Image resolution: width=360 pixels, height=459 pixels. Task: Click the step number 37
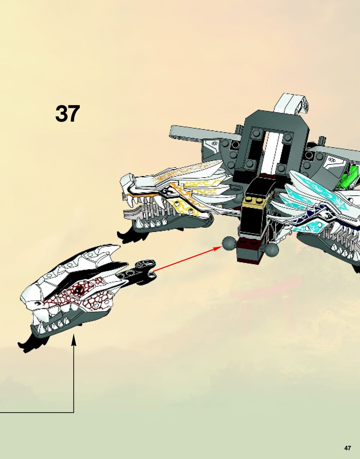point(67,113)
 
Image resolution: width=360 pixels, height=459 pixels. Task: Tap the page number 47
point(347,448)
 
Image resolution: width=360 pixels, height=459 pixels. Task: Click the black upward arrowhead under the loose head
point(74,340)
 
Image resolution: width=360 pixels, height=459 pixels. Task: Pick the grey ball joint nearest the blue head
point(272,250)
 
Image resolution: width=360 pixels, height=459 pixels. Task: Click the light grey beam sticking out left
point(194,133)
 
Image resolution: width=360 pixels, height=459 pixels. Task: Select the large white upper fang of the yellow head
point(137,204)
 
